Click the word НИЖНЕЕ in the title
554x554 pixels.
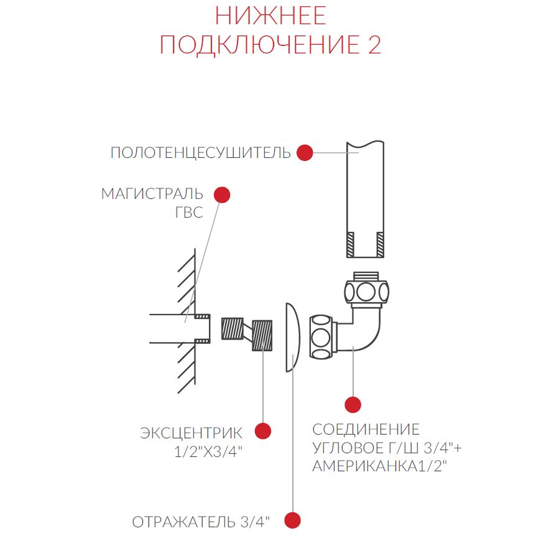[x=270, y=16]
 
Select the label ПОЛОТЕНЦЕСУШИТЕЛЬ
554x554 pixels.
[x=200, y=152]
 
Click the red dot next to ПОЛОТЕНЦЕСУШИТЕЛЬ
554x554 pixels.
[x=305, y=152]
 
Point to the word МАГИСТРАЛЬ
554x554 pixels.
[x=152, y=194]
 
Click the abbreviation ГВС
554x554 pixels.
[x=189, y=213]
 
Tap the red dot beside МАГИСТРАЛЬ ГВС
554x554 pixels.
[x=222, y=195]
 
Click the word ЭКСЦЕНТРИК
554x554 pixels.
[x=191, y=433]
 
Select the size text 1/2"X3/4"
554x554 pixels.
[x=208, y=451]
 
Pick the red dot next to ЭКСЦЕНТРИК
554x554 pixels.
[x=262, y=431]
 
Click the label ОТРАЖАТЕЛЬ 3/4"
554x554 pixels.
[x=201, y=522]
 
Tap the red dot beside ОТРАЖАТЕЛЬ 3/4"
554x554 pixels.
[x=292, y=520]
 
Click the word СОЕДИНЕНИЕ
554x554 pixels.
[x=366, y=430]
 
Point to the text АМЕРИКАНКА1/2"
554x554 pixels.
[x=380, y=466]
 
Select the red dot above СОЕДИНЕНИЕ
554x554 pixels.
[x=353, y=405]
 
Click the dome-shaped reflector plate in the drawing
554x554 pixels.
[x=293, y=338]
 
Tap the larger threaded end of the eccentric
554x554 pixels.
[x=262, y=335]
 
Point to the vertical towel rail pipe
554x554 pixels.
[x=365, y=199]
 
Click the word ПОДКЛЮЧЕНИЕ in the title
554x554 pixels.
[x=257, y=45]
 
